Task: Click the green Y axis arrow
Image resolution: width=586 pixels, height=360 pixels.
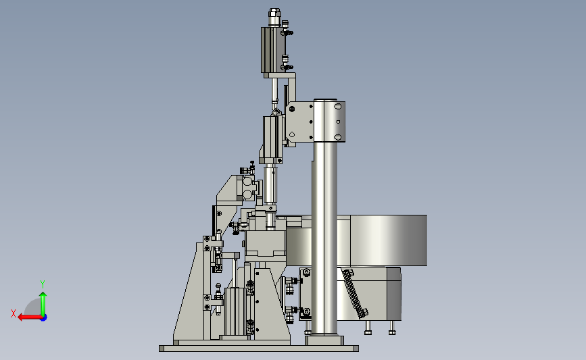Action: [43, 305]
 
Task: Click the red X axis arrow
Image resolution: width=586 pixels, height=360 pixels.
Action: [30, 317]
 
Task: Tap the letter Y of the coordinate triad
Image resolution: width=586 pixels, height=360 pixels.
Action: [43, 284]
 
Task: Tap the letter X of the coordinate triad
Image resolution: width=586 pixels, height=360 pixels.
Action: [14, 313]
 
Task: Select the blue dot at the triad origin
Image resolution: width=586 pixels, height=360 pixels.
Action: [44, 318]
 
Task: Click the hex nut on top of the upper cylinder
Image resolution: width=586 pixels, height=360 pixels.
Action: [274, 14]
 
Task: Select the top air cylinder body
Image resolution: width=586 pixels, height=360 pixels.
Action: [273, 49]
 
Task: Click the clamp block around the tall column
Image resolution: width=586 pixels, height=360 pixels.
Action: [329, 121]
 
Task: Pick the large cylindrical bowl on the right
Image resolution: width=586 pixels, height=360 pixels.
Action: [381, 240]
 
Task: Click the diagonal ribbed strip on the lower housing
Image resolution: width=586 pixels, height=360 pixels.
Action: [355, 294]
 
